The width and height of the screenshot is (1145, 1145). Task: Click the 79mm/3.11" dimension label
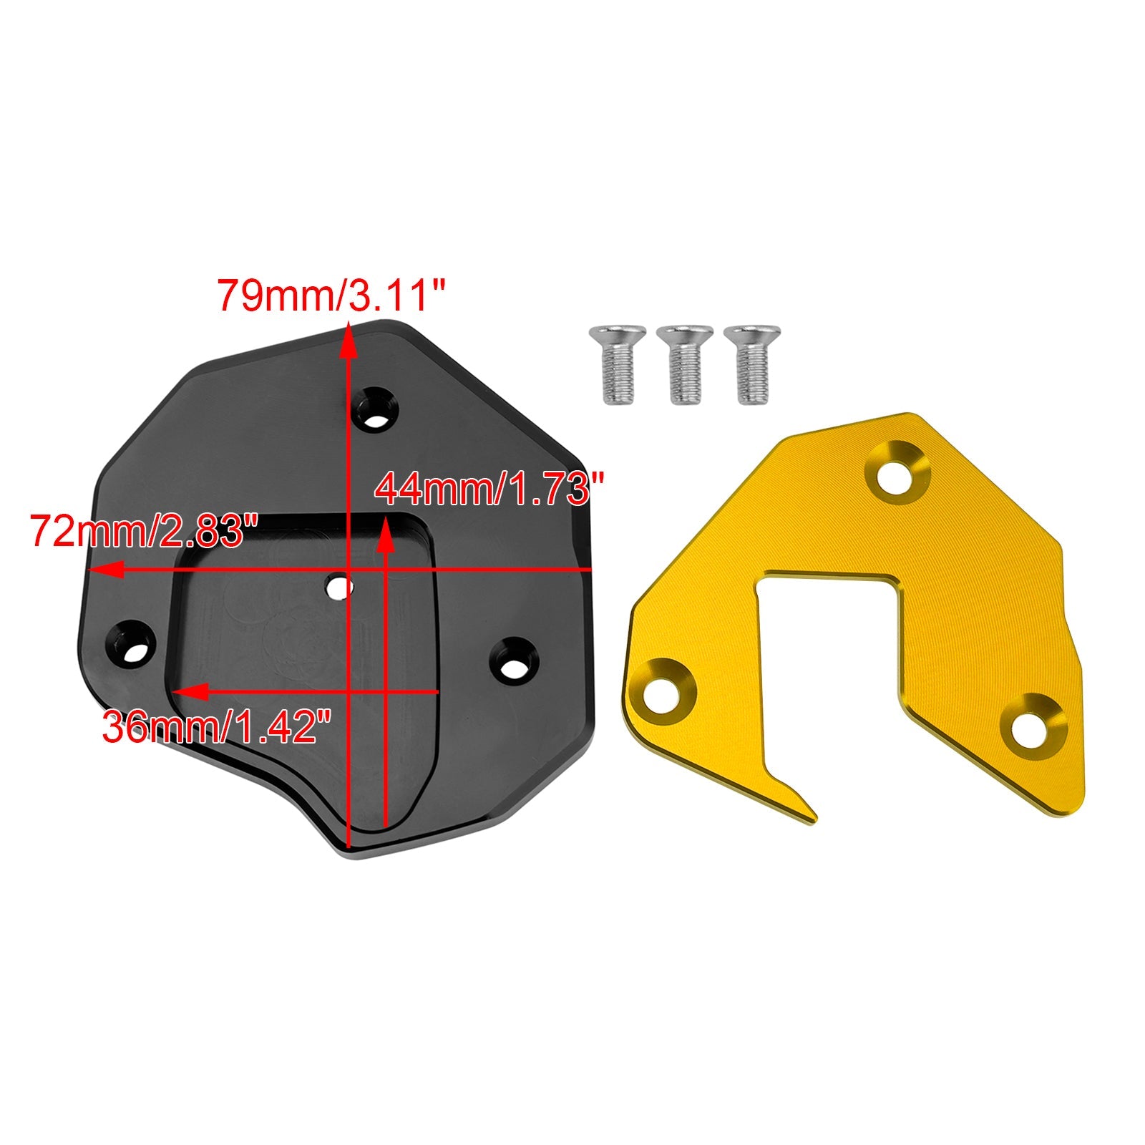[x=331, y=296]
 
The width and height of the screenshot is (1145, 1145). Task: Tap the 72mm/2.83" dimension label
[x=144, y=531]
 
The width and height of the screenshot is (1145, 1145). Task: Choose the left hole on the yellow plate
[x=665, y=687]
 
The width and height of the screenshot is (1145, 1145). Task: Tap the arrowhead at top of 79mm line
[x=349, y=340]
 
